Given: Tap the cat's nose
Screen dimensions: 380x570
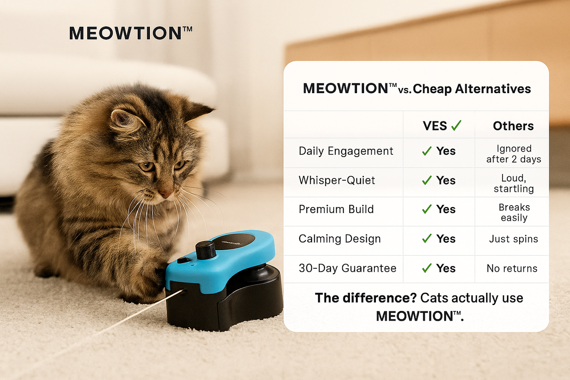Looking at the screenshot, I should [165, 194].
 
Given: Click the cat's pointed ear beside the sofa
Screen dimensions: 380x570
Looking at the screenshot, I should [199, 110].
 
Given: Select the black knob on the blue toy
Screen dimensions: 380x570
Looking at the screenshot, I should [206, 250].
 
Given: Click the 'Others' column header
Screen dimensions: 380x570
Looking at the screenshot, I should [513, 126].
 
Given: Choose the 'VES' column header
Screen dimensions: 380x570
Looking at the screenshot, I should [435, 126].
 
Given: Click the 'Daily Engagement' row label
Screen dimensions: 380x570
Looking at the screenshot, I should [346, 151].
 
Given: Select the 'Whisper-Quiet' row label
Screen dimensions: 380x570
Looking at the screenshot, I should [337, 180].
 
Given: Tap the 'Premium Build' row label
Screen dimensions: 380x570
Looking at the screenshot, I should [336, 210].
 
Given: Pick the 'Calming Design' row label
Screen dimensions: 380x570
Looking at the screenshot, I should [340, 239].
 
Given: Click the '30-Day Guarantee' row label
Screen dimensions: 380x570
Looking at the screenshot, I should [348, 268].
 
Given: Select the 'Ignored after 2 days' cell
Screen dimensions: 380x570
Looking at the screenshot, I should [514, 154].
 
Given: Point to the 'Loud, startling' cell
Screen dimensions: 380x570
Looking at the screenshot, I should [514, 183].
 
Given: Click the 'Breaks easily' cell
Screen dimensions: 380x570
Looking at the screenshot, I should [514, 212].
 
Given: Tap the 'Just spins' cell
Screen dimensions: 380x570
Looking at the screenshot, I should [514, 239].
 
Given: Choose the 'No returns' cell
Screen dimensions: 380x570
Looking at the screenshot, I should [512, 268].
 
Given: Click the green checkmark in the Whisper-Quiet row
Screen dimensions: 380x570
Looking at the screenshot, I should [427, 180].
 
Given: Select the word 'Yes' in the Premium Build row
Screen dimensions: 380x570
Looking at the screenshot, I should [446, 210].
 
